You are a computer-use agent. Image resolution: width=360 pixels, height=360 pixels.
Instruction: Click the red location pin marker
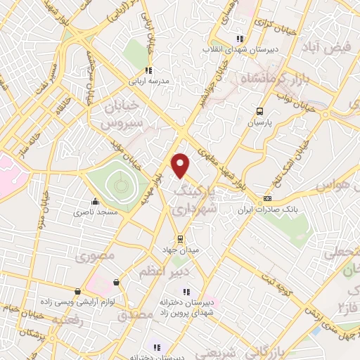click(x=182, y=165)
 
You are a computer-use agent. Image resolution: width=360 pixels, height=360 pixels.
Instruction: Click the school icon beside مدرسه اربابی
click(x=148, y=70)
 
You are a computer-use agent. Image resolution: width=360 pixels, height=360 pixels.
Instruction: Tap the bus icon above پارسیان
click(x=259, y=110)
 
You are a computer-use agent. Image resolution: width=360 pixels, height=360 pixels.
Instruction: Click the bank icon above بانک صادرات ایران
click(x=266, y=199)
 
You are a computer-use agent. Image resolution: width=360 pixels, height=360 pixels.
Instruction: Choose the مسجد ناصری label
click(x=98, y=211)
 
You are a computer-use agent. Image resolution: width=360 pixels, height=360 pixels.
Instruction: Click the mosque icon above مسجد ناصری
click(x=95, y=200)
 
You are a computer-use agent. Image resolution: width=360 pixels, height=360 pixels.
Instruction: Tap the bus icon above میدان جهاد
click(x=180, y=238)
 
